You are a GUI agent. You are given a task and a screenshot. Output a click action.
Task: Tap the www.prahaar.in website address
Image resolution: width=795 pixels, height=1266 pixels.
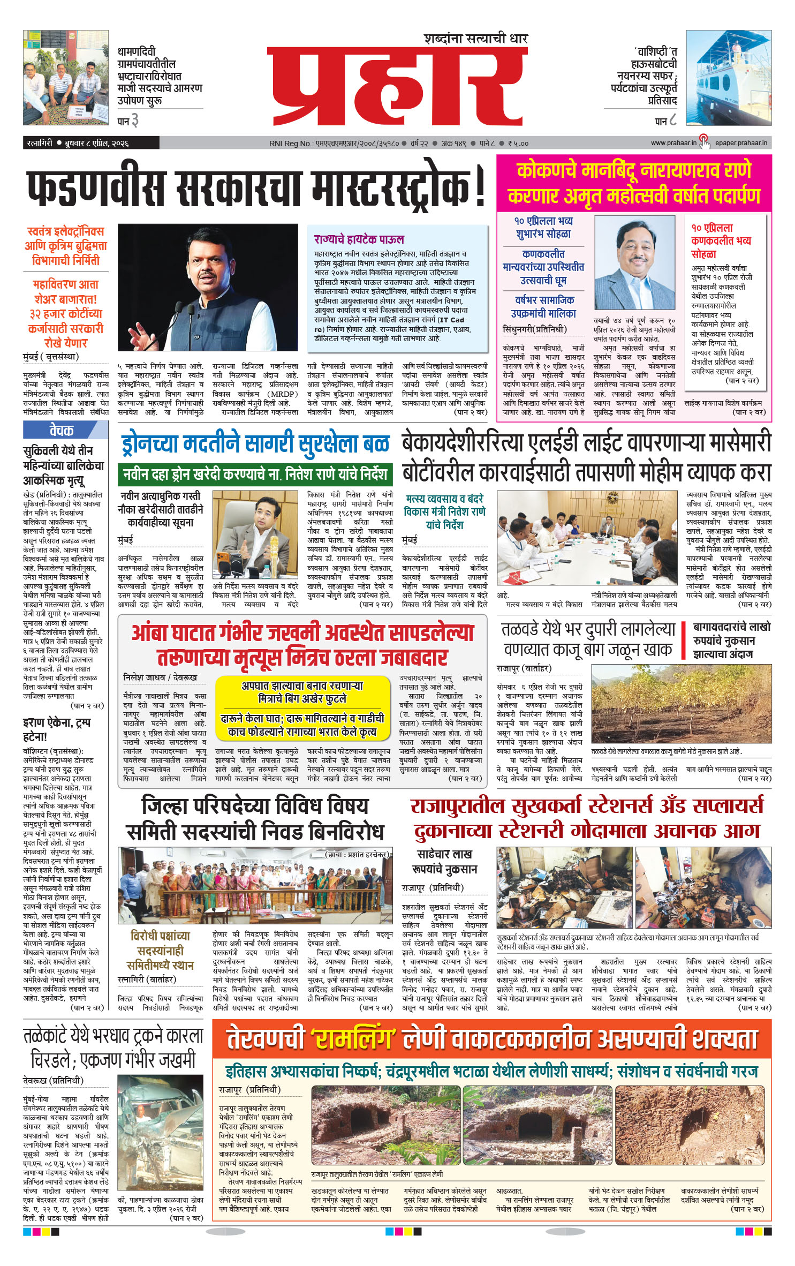pos(673,143)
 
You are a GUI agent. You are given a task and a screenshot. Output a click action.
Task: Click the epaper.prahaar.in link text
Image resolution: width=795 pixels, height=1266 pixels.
pos(741,143)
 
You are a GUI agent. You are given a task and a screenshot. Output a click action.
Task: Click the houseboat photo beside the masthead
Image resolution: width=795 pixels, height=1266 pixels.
pos(729,78)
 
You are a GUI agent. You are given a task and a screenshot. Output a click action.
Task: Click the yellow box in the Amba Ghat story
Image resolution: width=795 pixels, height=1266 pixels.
pos(302,708)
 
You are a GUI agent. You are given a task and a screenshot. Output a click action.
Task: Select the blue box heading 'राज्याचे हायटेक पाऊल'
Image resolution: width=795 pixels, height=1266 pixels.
pos(359,239)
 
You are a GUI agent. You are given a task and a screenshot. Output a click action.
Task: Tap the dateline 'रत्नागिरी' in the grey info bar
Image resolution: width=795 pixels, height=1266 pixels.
pos(40,143)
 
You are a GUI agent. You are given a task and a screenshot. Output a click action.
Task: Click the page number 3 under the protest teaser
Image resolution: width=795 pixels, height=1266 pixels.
pos(135,121)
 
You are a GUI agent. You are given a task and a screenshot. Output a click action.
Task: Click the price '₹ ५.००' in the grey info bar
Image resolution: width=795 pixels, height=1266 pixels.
pos(518,143)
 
